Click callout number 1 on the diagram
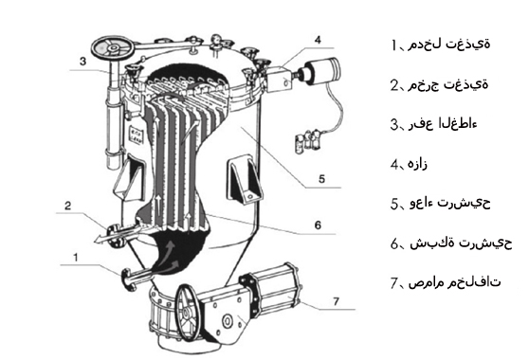pyautogui.click(x=76, y=257)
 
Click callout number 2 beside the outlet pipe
pyautogui.click(x=68, y=206)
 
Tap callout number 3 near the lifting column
pyautogui.click(x=83, y=62)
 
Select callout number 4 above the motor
pyautogui.click(x=318, y=40)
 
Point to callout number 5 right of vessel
pyautogui.click(x=321, y=179)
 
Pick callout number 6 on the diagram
pyautogui.click(x=318, y=225)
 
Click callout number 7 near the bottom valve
pyautogui.click(x=336, y=301)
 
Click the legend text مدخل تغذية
pyautogui.click(x=449, y=45)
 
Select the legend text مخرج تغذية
pyautogui.click(x=448, y=84)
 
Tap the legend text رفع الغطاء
pyautogui.click(x=444, y=124)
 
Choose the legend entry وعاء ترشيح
pyautogui.click(x=449, y=203)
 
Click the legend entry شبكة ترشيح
pyautogui.click(x=461, y=243)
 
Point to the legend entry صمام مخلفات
pyautogui.click(x=455, y=282)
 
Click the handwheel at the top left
pyautogui.click(x=113, y=48)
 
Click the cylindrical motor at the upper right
pyautogui.click(x=322, y=71)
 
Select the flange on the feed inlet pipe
pyautogui.click(x=128, y=279)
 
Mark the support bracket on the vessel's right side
pyautogui.click(x=245, y=179)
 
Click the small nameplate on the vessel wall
pyautogui.click(x=137, y=135)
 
